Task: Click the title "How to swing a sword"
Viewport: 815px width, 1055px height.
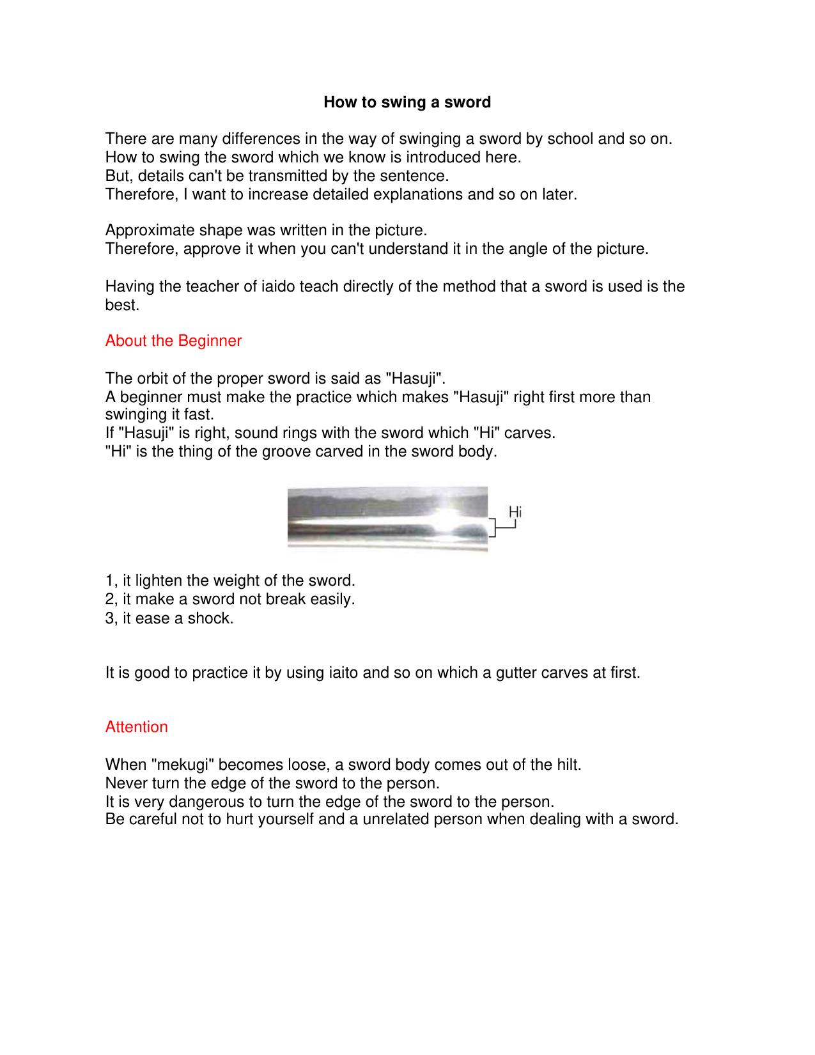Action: coord(407,102)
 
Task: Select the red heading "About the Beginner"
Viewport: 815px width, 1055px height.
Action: coord(173,341)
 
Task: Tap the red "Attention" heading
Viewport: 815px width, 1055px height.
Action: coord(136,727)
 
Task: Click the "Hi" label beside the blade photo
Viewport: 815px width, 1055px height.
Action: coord(515,512)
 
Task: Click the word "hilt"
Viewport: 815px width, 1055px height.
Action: coord(568,765)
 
